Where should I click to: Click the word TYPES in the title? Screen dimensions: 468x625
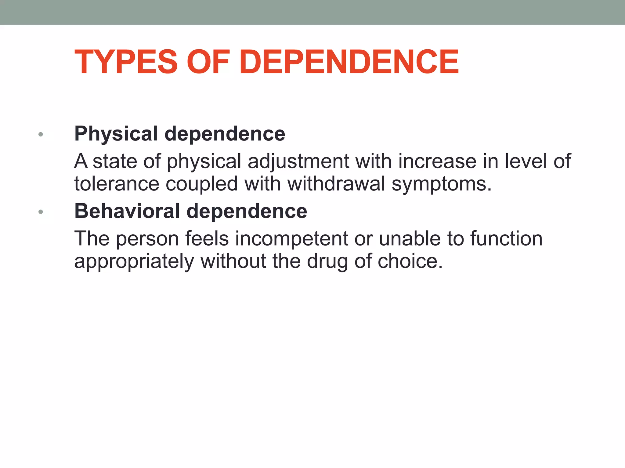click(126, 62)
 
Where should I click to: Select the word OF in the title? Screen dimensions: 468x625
click(208, 62)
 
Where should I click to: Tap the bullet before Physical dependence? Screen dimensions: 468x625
click(41, 134)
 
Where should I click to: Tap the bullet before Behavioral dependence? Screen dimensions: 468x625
click(41, 212)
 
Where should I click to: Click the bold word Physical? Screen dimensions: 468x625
click(116, 134)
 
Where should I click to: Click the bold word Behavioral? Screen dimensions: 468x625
click(127, 211)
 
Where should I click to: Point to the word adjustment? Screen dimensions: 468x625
click(298, 161)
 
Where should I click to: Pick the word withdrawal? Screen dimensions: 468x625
click(336, 184)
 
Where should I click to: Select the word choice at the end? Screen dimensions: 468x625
click(410, 261)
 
